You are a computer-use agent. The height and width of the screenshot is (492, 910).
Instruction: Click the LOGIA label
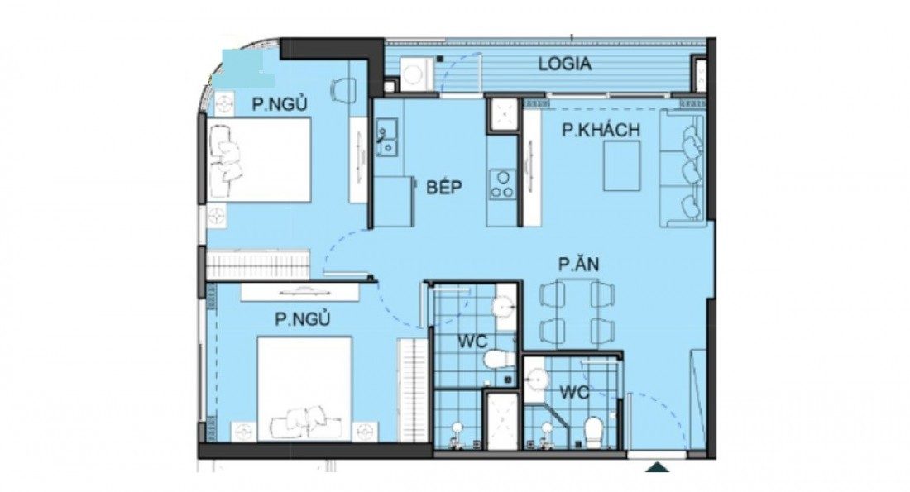565,64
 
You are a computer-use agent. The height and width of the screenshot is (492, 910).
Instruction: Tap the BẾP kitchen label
444,187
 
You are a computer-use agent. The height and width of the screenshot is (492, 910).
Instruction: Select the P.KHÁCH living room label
601,130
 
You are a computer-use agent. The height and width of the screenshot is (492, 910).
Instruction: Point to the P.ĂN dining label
578,265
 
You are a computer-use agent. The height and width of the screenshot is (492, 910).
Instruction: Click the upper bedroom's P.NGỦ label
279,104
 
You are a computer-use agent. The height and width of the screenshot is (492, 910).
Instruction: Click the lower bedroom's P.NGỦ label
302,319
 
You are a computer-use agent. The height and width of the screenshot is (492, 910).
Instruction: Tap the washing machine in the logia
415,74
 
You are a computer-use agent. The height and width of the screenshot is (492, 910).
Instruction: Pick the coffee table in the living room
621,165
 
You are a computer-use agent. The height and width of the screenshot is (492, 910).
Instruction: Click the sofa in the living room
682,168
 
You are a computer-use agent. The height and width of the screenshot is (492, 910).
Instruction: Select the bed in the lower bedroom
304,389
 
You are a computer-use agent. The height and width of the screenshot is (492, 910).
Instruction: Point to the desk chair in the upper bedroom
343,90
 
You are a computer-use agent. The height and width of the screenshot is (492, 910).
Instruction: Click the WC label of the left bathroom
472,342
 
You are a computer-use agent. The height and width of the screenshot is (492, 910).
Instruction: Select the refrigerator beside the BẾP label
394,202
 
